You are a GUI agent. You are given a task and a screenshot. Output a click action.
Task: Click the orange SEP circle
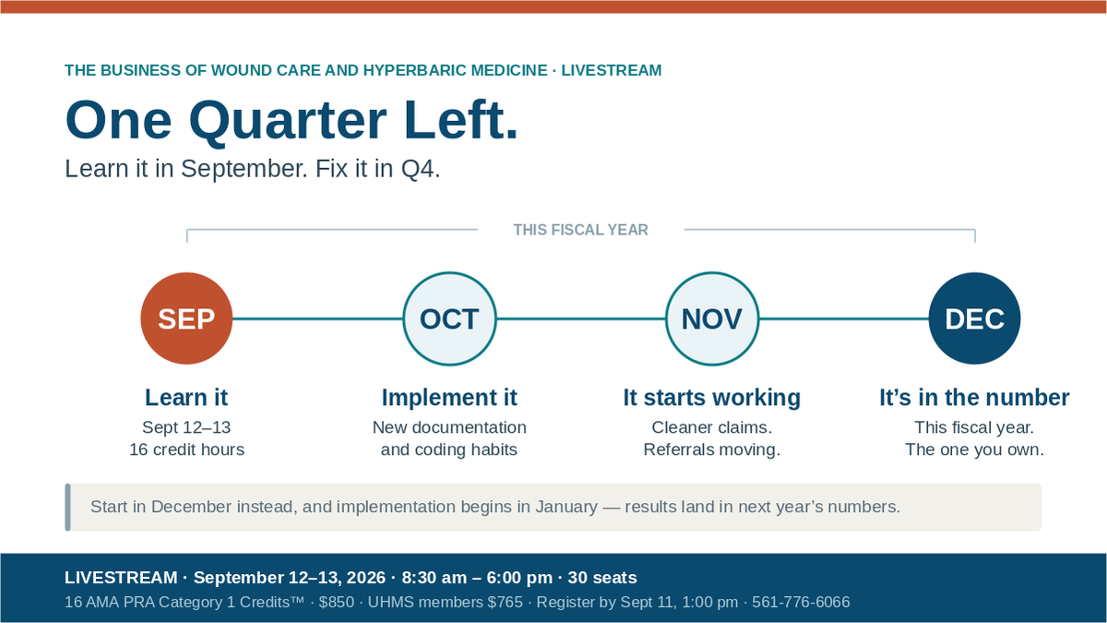pos(186,318)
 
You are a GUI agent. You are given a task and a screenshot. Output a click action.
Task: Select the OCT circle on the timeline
pos(449,318)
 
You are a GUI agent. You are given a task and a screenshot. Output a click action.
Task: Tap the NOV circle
pos(711,318)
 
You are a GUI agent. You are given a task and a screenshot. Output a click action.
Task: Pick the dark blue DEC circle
pos(974,318)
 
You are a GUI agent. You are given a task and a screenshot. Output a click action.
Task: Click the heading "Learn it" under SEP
pos(186,398)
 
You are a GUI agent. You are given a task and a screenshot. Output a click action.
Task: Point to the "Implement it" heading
pos(449,398)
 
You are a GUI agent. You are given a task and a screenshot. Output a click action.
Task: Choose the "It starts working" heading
pos(711,398)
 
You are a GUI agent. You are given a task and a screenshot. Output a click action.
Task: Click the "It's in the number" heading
pos(974,398)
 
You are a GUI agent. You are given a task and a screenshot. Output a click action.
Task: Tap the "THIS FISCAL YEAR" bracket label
pos(580,230)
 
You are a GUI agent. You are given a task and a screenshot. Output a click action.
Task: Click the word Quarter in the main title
pos(288,121)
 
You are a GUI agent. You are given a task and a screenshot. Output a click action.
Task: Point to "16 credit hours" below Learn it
pos(186,449)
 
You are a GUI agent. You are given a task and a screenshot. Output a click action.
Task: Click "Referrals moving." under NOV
pos(711,449)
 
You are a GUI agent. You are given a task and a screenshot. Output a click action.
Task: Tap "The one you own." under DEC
pos(974,449)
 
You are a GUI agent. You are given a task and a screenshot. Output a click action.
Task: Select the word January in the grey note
pos(566,507)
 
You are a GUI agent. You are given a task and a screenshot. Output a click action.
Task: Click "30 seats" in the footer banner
pos(602,578)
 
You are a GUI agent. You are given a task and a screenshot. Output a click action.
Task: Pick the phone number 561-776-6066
pos(801,602)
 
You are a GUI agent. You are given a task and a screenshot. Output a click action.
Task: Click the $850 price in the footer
pos(337,602)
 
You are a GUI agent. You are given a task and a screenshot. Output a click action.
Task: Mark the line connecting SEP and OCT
pos(317,318)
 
